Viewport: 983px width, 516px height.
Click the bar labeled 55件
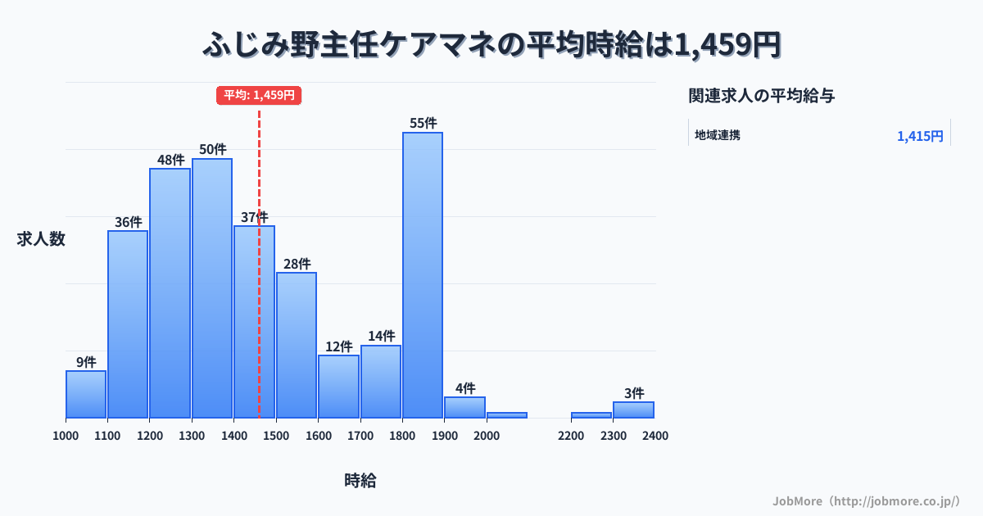pos(423,275)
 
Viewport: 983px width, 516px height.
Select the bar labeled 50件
pos(212,288)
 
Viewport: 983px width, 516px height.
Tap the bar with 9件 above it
pos(86,394)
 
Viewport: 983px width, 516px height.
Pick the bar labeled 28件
pos(297,345)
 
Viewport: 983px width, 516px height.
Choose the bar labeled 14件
pos(381,382)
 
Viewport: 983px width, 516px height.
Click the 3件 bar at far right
pos(633,410)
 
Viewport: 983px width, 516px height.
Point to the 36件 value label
pos(128,222)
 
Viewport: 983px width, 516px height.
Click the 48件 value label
pos(170,160)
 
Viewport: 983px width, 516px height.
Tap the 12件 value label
pos(338,346)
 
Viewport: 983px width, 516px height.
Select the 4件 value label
pos(465,388)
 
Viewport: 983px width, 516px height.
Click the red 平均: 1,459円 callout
pos(259,95)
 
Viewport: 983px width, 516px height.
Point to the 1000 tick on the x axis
pos(66,436)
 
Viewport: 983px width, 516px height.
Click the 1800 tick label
pos(402,436)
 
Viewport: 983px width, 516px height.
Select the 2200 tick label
pos(571,436)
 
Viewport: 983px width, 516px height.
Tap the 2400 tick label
pos(655,436)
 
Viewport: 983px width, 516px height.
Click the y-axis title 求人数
pos(41,239)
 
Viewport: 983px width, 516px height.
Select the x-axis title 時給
pos(360,481)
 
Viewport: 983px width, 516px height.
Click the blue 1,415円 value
pos(920,136)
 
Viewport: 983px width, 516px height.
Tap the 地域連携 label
pos(718,135)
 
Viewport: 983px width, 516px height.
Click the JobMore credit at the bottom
pos(866,500)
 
